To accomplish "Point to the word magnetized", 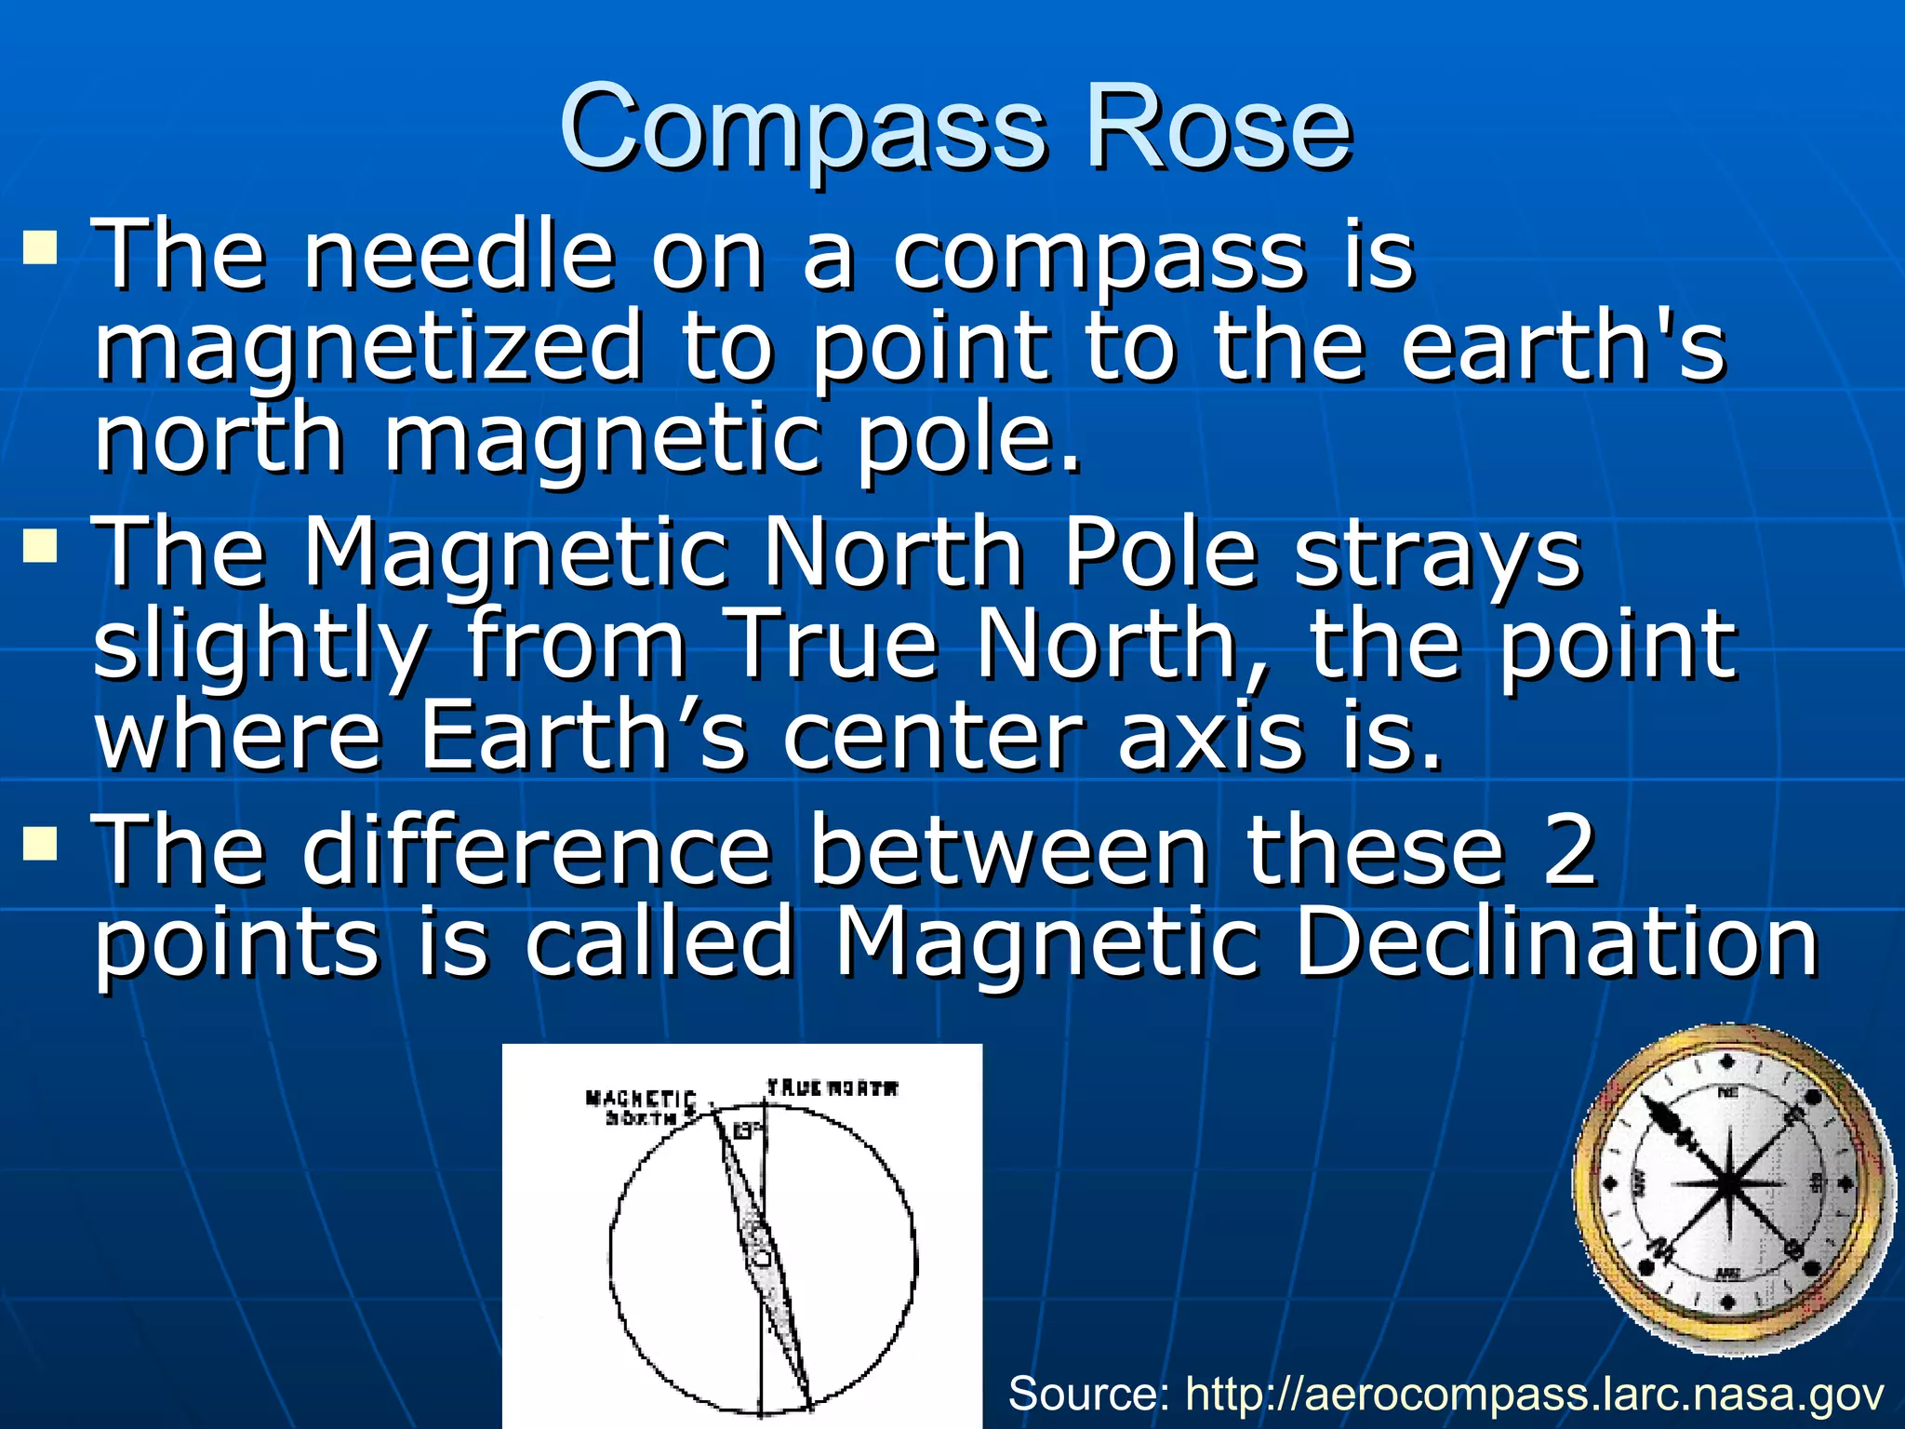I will tap(370, 348).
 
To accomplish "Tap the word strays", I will tap(1438, 554).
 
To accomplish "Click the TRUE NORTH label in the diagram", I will tap(833, 1088).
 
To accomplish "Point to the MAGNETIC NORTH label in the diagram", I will tap(640, 1107).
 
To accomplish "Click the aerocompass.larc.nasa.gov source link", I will tap(1535, 1394).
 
